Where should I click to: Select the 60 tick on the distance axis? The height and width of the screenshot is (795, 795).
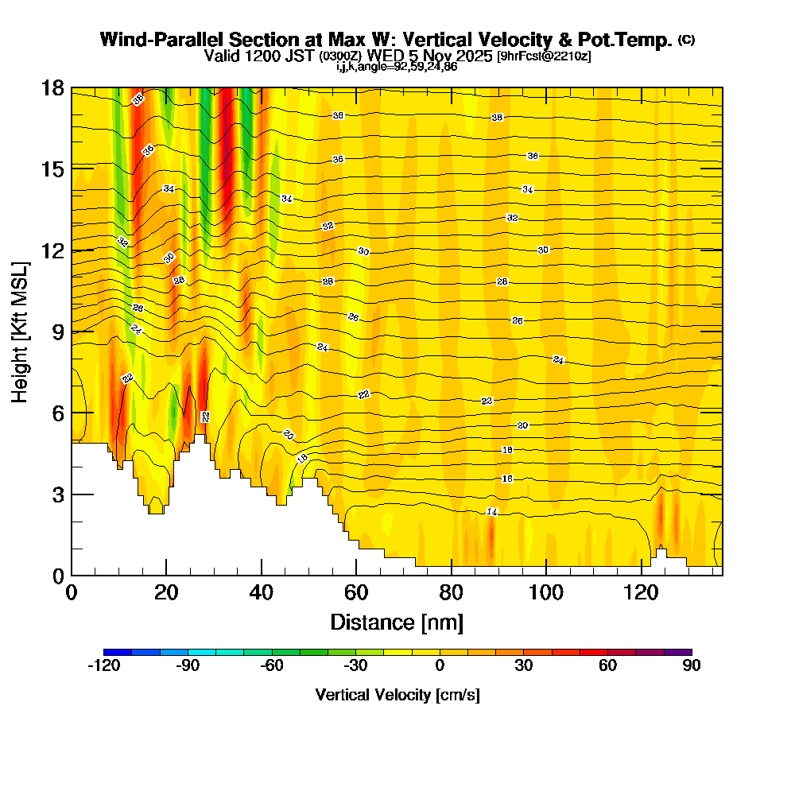[356, 592]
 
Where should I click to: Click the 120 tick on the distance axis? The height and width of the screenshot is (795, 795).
[642, 592]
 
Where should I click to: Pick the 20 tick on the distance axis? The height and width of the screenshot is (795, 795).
[166, 592]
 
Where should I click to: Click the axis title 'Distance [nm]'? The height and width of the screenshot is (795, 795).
[397, 622]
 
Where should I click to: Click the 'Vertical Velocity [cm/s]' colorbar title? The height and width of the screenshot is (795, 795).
[397, 695]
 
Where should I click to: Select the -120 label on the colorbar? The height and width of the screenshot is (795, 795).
[103, 666]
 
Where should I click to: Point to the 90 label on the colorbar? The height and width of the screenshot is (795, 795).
[691, 666]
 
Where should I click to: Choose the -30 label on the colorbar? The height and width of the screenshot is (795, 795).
[355, 666]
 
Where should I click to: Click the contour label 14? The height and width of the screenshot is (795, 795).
[492, 512]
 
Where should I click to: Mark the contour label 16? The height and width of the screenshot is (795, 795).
[507, 479]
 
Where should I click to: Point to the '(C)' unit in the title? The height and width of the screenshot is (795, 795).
[686, 40]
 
